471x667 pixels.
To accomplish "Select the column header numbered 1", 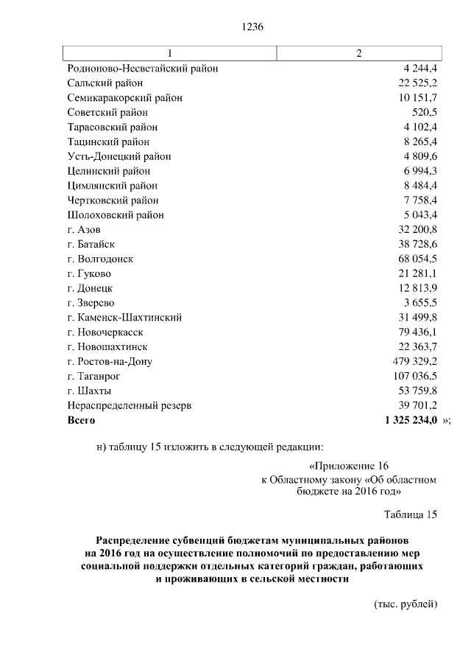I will pos(170,54).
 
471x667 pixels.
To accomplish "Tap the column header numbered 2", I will pos(358,54).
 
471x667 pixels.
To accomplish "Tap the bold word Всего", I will pos(81,420).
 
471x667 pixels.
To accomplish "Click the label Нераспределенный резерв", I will pos(129,405).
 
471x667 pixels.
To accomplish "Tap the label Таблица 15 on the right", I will pos(411,514).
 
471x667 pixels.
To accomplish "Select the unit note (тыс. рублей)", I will pos(406,604).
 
